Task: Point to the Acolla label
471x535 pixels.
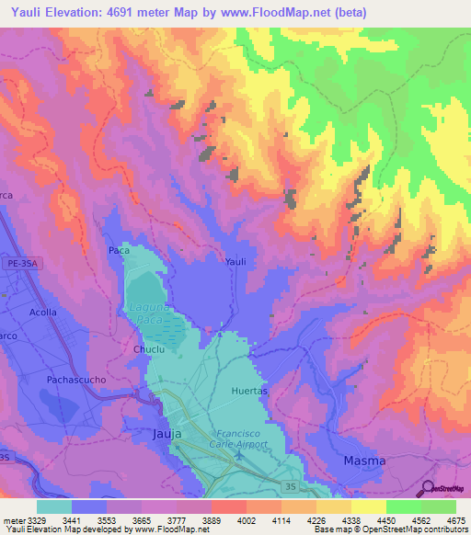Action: (42, 313)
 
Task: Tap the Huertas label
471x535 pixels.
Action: (248, 391)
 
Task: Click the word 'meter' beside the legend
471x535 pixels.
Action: (13, 519)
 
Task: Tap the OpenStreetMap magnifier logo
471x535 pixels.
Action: (428, 490)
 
